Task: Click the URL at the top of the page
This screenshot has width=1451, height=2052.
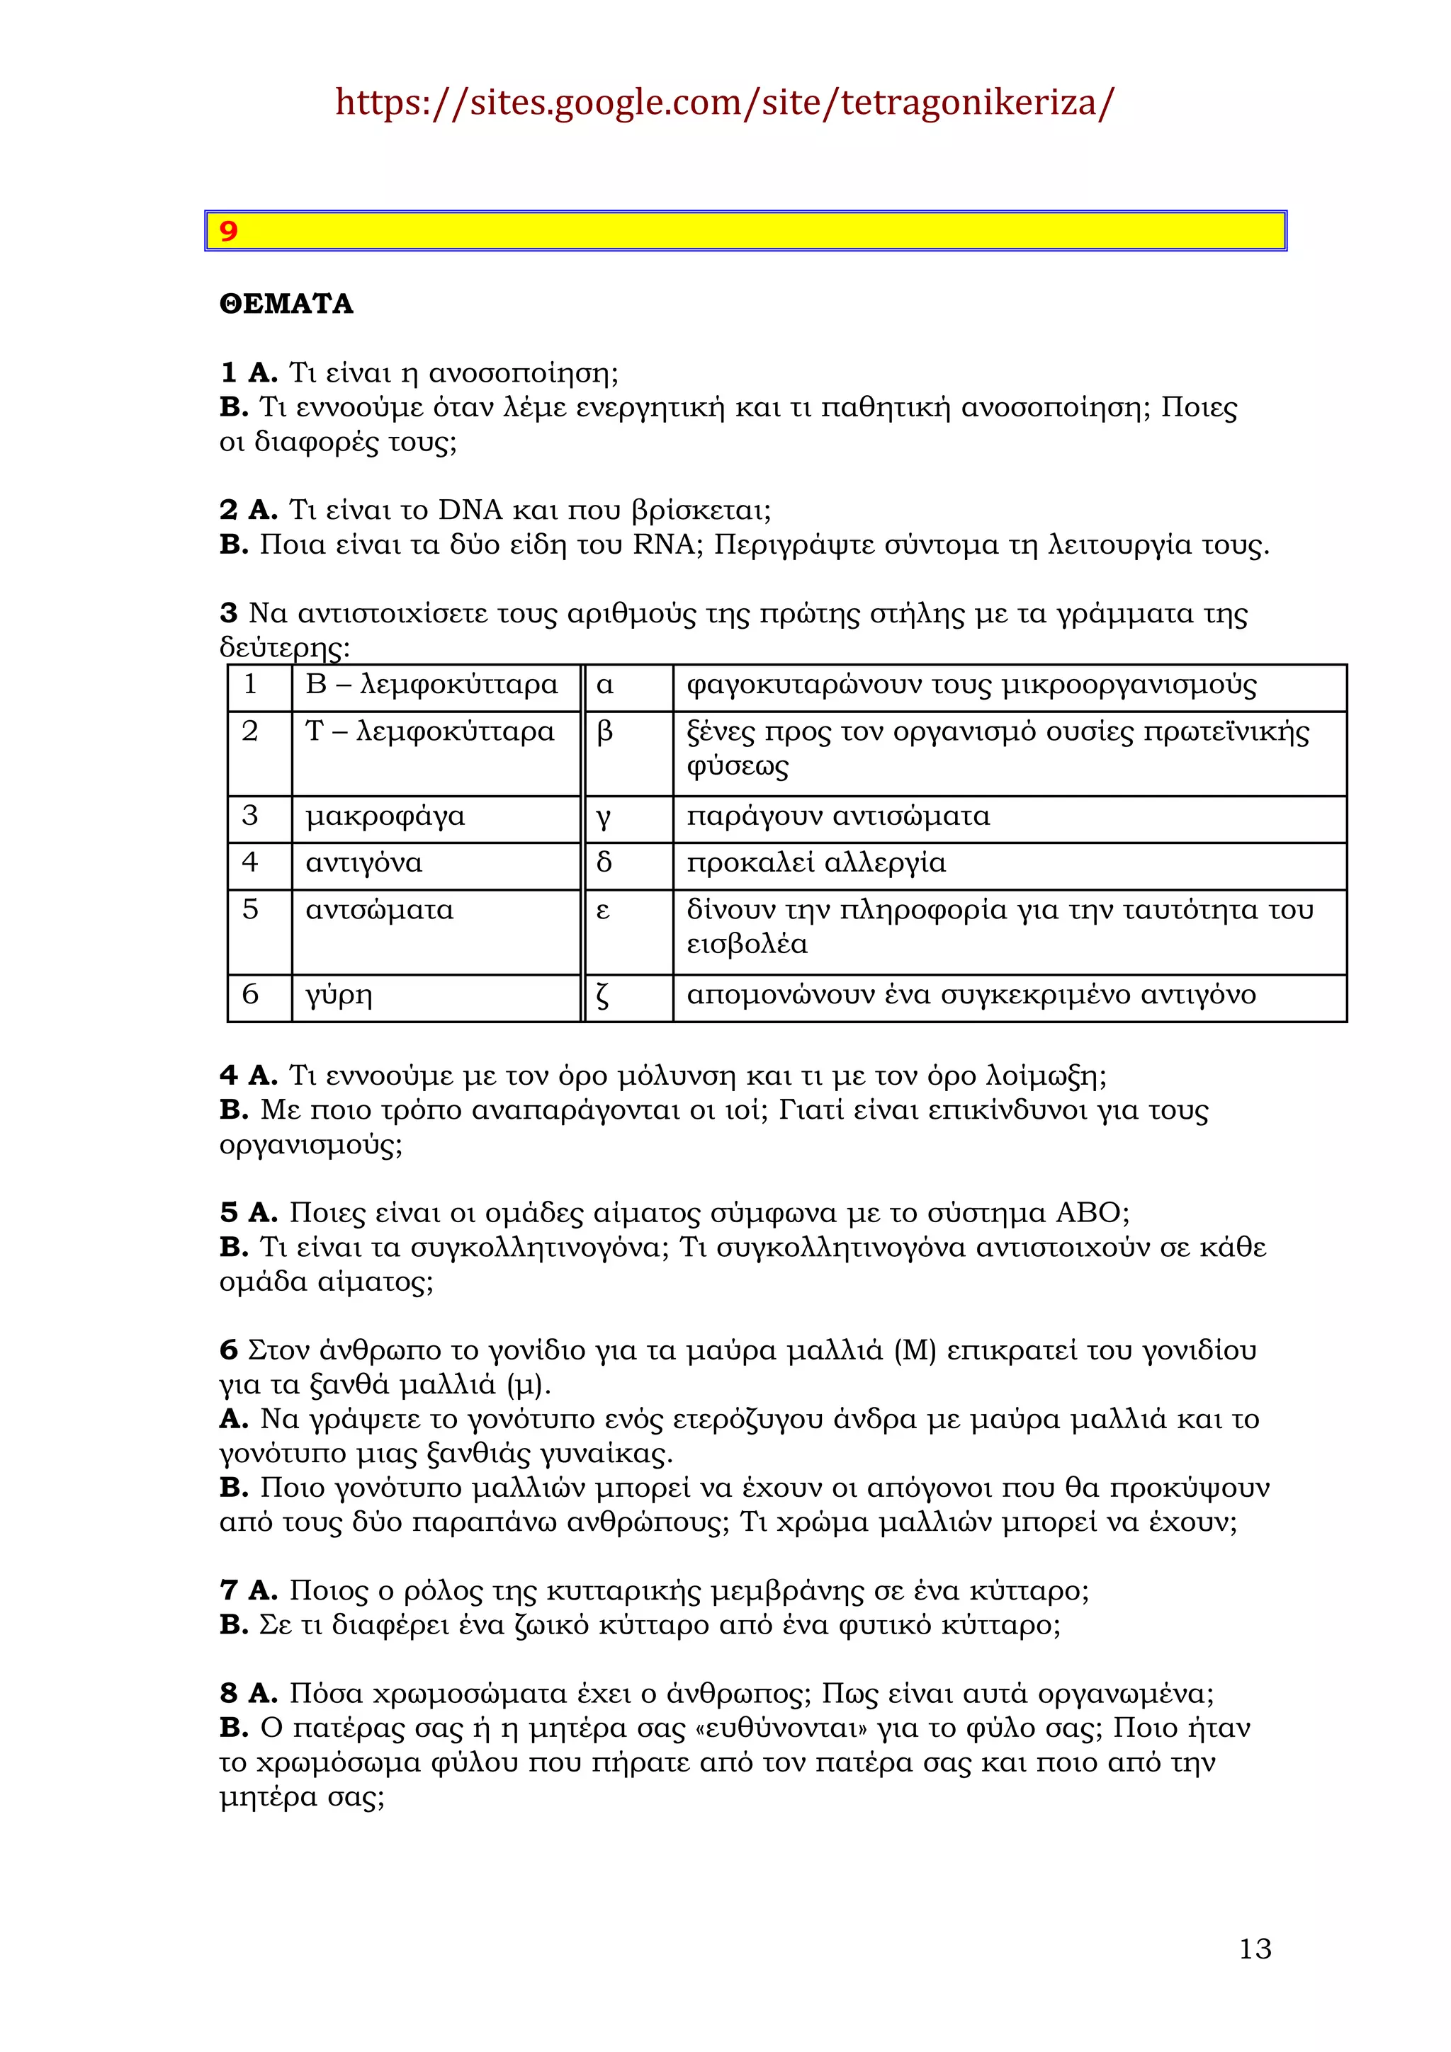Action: click(724, 103)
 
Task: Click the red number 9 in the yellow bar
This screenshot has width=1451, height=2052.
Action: click(229, 232)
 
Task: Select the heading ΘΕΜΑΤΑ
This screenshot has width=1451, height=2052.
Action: click(286, 304)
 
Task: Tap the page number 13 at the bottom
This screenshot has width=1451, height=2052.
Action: click(1254, 1949)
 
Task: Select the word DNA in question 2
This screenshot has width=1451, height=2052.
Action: click(470, 511)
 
